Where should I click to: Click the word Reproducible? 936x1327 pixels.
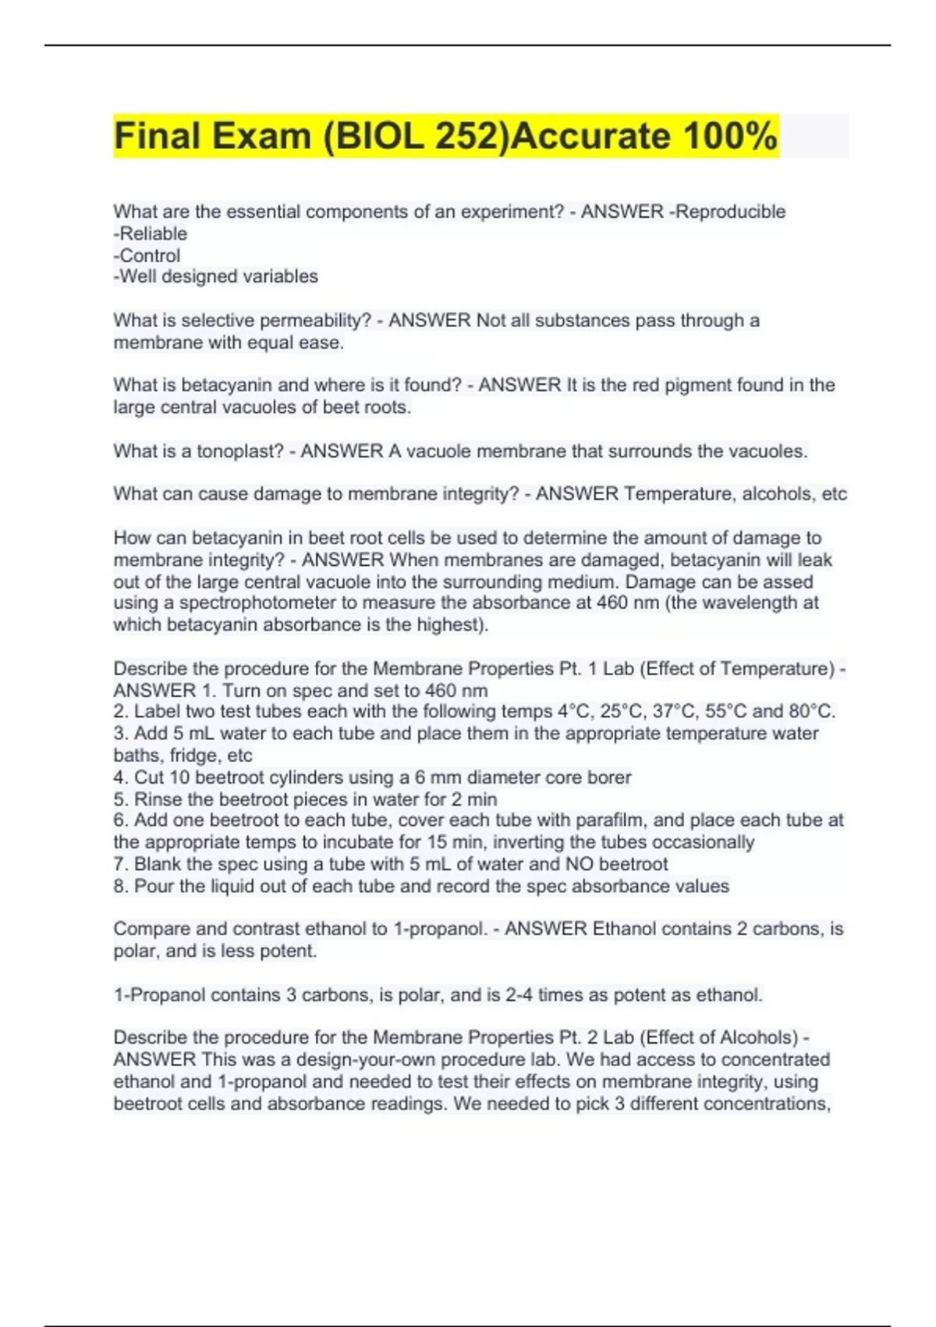[731, 212]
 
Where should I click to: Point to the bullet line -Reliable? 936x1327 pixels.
[151, 233]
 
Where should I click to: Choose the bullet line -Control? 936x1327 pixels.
[147, 255]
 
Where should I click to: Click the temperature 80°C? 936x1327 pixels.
[811, 712]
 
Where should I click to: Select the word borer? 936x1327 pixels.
[608, 777]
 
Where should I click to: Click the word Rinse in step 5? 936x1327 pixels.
[158, 799]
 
